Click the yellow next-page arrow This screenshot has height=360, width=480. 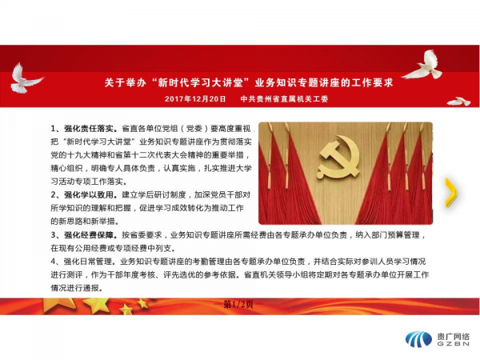pyautogui.click(x=451, y=193)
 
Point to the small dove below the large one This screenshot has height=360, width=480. pyautogui.click(x=458, y=102)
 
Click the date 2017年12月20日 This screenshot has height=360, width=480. pyautogui.click(x=195, y=99)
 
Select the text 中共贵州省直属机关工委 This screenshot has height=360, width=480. pyautogui.click(x=284, y=99)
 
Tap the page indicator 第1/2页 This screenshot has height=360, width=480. pyautogui.click(x=238, y=304)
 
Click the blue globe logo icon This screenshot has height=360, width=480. pyautogui.click(x=418, y=339)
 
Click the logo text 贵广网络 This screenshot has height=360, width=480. pyautogui.click(x=453, y=337)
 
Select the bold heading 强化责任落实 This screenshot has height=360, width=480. pyautogui.click(x=89, y=128)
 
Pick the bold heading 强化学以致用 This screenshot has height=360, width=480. pyautogui.click(x=89, y=194)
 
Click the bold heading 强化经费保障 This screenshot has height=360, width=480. pyautogui.click(x=89, y=234)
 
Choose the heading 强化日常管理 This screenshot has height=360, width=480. pyautogui.click(x=88, y=262)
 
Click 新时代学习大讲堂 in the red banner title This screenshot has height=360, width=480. pyautogui.click(x=200, y=82)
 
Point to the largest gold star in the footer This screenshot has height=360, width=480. pyautogui.click(x=97, y=304)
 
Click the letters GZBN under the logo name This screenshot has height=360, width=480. pyautogui.click(x=453, y=344)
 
